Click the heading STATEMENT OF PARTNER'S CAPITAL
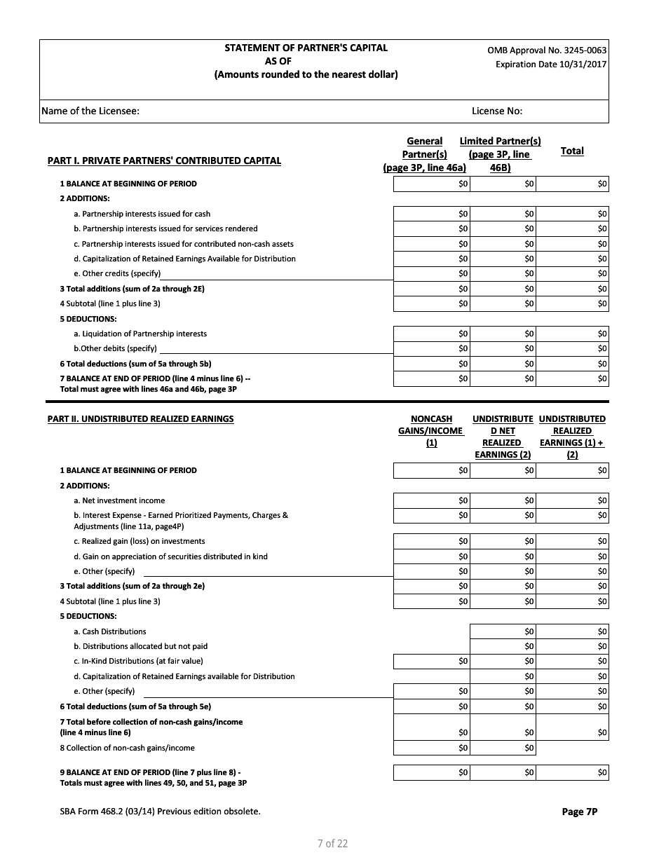pos(306,48)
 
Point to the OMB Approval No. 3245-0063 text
pos(547,50)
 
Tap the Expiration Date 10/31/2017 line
pos(551,64)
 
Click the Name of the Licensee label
pos(90,111)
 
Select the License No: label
pos(496,111)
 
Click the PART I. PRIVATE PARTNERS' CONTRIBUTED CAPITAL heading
pos(164,160)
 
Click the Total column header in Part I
pos(572,151)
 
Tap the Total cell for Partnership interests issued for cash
pos(572,214)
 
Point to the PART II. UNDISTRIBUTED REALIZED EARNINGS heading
pos(140,419)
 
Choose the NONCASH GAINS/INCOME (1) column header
pos(431,430)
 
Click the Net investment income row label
pos(119,500)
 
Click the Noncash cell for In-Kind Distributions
pos(431,661)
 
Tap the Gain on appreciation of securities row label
pos(170,556)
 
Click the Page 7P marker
pos(579,812)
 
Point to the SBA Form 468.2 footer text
pos(160,812)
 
